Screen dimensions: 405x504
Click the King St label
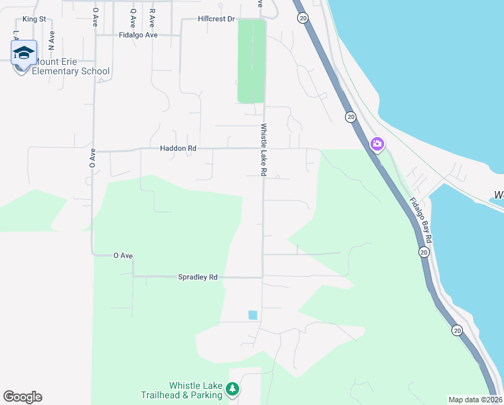(34, 19)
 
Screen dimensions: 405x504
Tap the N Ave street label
(52, 37)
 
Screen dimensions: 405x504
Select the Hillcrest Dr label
(216, 19)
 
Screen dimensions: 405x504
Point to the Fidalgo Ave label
(137, 34)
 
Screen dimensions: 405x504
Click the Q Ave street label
(133, 13)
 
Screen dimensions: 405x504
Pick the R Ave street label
(152, 13)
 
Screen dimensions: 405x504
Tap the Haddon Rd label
(178, 148)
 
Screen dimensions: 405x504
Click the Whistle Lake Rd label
(263, 150)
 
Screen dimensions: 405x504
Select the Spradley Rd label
(197, 277)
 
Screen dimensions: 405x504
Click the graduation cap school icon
(24, 53)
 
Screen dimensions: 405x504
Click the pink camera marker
(377, 144)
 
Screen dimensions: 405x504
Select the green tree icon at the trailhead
(232, 389)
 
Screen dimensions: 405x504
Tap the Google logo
(22, 397)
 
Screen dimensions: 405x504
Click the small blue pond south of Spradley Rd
(253, 315)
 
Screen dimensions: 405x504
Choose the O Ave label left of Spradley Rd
(122, 255)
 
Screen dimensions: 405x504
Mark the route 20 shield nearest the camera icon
(350, 117)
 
